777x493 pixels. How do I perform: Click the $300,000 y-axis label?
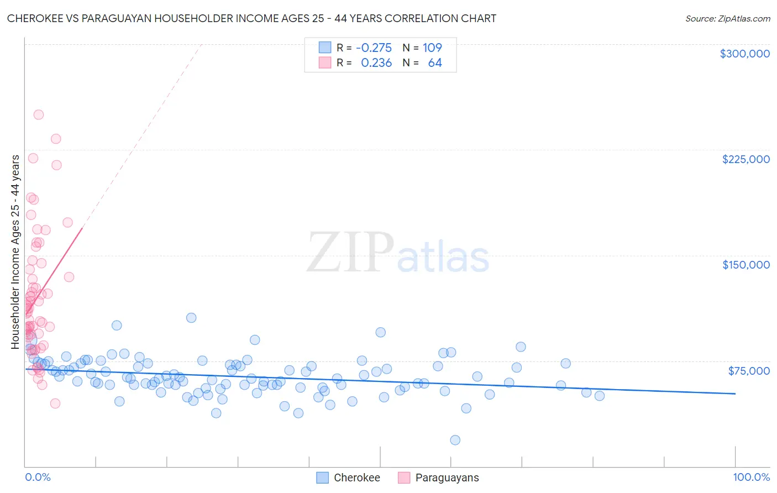(744, 54)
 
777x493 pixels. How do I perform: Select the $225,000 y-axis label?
(746, 159)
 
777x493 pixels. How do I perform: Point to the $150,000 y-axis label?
(746, 265)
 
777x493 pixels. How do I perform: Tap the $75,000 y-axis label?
(748, 371)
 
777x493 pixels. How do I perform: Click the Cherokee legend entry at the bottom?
(356, 478)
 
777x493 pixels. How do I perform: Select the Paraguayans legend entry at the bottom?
(447, 478)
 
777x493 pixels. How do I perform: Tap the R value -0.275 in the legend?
(374, 48)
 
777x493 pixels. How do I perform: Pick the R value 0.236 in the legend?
(376, 63)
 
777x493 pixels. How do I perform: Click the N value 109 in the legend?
(432, 48)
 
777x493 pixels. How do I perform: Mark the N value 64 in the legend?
(435, 63)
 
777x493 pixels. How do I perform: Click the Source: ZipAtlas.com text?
(727, 19)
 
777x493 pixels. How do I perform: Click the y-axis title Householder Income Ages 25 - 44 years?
(15, 252)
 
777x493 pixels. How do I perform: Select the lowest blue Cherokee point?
(455, 440)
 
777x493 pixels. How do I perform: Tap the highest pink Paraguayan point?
(39, 115)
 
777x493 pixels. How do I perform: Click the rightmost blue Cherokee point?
(600, 396)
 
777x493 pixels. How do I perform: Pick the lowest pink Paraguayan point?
(55, 403)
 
